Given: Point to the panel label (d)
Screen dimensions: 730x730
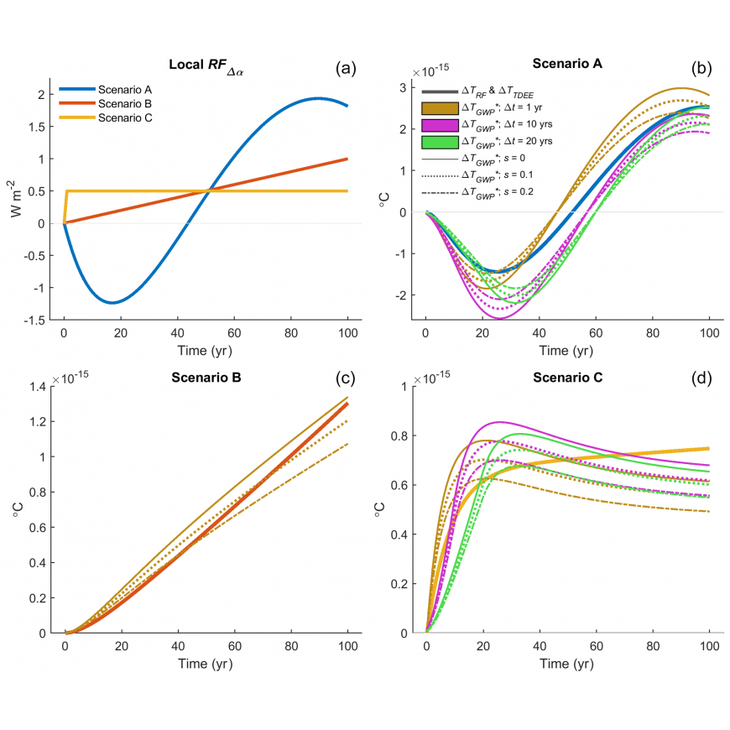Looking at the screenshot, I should (700, 377).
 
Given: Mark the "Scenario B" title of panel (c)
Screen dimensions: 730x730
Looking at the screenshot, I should (206, 378).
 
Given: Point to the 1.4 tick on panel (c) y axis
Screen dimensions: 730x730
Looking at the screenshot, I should (41, 387).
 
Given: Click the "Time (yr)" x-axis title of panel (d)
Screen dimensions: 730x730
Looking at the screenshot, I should (567, 664).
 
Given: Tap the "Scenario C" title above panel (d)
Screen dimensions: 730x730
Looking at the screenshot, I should (567, 378).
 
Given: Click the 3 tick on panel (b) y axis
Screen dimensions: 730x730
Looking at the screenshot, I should (402, 88).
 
